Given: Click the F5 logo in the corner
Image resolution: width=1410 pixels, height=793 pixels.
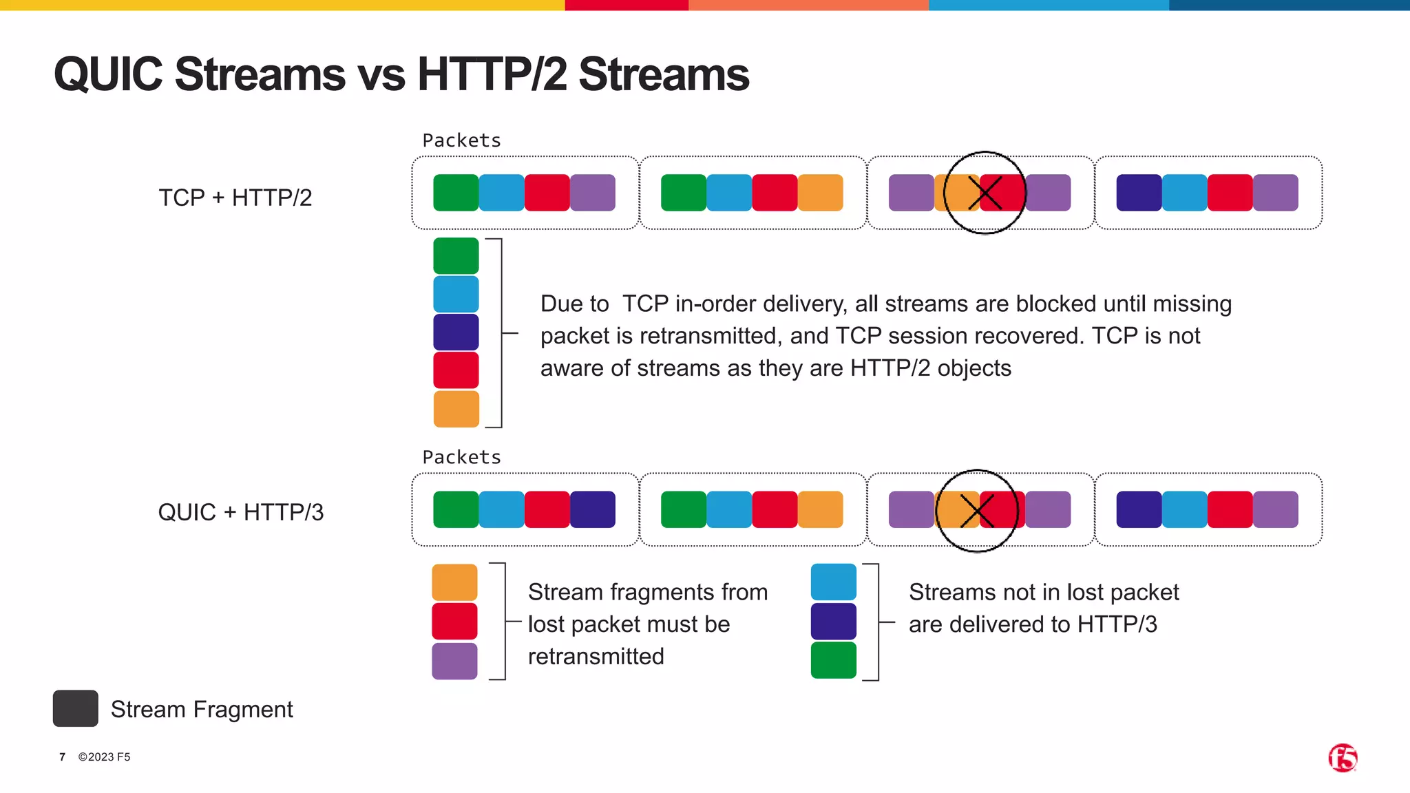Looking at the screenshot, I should pyautogui.click(x=1342, y=758).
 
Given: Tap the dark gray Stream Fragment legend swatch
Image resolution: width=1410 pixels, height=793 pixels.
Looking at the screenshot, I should pyautogui.click(x=75, y=708).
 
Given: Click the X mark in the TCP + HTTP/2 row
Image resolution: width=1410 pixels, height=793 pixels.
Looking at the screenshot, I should pyautogui.click(x=985, y=193).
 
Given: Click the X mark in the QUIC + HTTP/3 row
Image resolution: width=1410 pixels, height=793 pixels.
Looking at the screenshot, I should pyautogui.click(x=977, y=511).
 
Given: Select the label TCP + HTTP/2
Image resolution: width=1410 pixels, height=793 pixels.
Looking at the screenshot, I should pyautogui.click(x=235, y=198).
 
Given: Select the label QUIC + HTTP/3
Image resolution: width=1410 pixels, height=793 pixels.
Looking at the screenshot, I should pyautogui.click(x=240, y=512).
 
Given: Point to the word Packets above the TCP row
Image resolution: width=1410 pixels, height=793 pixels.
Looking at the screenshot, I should pyautogui.click(x=461, y=140).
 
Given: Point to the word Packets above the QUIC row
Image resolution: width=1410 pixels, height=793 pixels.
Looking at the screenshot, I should pyautogui.click(x=461, y=457).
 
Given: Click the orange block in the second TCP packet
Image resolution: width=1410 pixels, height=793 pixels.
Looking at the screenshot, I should pyautogui.click(x=820, y=193).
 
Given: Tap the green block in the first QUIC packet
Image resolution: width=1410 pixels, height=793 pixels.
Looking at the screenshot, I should pyautogui.click(x=456, y=509).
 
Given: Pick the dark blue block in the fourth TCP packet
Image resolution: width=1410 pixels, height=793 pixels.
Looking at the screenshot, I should pyautogui.click(x=1139, y=193).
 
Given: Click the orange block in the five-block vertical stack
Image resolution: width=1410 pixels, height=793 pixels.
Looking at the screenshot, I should pyautogui.click(x=456, y=409).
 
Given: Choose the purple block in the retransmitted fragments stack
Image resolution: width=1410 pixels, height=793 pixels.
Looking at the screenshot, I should pyautogui.click(x=454, y=661).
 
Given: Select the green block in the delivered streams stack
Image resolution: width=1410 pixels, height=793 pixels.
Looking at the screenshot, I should pyautogui.click(x=833, y=660).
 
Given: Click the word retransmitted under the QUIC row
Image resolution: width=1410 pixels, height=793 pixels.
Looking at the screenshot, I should pyautogui.click(x=596, y=656).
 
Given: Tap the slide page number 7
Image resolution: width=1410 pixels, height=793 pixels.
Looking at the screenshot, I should pyautogui.click(x=63, y=757).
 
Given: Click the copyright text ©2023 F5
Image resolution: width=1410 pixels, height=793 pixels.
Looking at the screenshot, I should pyautogui.click(x=104, y=757).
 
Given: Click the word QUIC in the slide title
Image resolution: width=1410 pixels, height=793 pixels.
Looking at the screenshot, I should pyautogui.click(x=108, y=74).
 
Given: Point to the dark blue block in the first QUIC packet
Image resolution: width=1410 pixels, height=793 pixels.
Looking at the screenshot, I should pyautogui.click(x=593, y=509).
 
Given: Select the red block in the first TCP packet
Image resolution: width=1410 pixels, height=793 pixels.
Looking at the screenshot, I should pyautogui.click(x=547, y=193).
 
